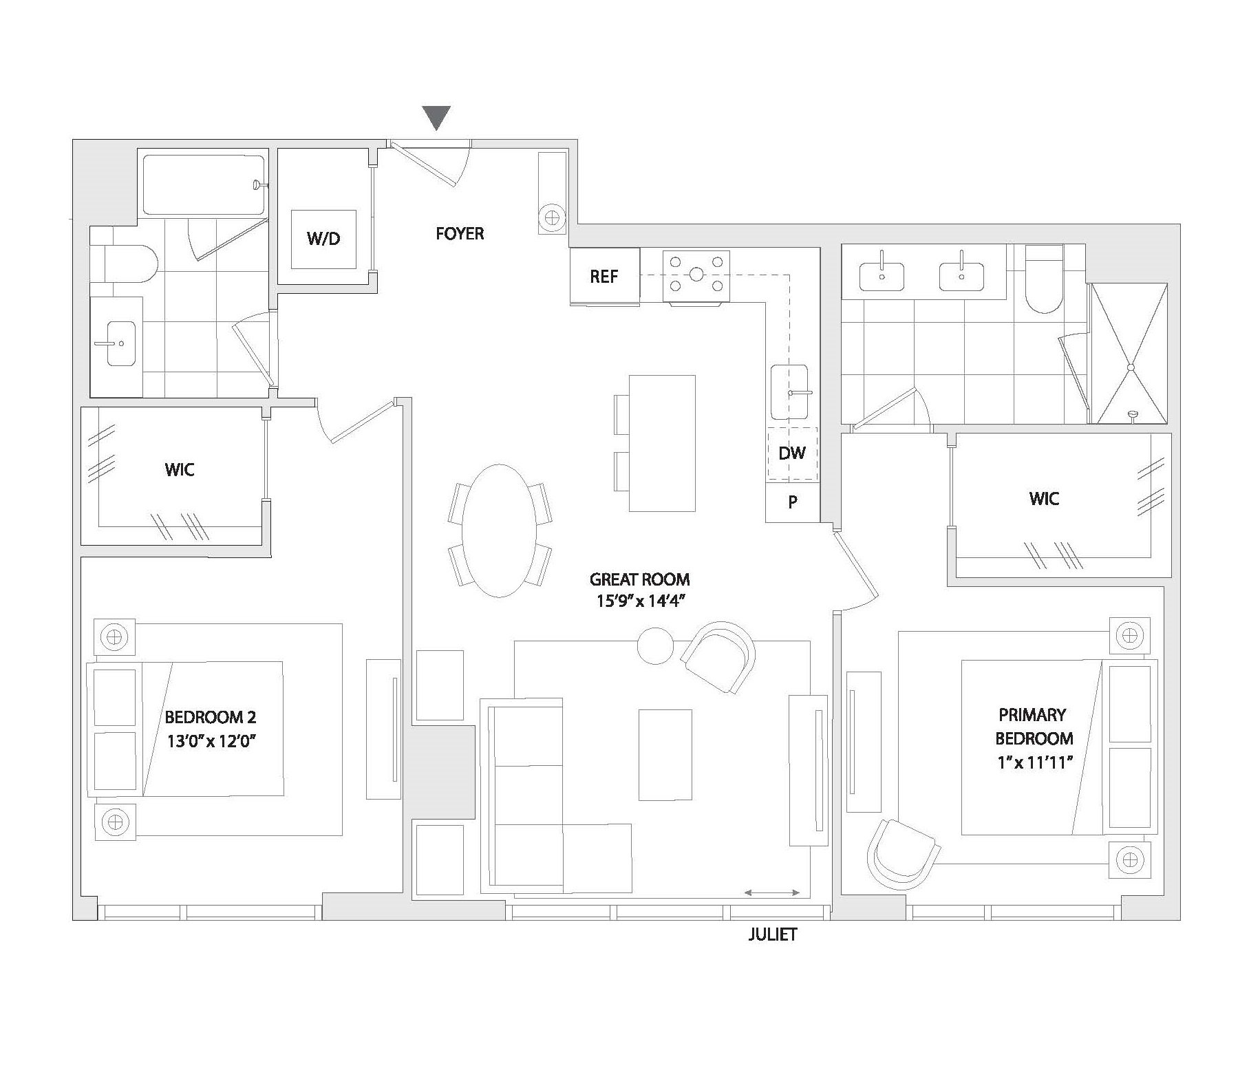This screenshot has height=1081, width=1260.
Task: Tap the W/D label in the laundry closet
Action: (323, 239)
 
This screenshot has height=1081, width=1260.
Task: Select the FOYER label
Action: (460, 233)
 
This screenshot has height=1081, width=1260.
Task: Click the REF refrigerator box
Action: (605, 276)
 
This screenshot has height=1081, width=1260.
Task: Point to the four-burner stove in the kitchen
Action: (696, 276)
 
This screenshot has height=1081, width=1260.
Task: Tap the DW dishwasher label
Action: (792, 453)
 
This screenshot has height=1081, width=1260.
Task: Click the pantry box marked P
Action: (793, 502)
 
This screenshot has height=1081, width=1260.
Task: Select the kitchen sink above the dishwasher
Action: (791, 392)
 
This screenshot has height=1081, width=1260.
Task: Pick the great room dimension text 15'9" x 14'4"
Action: (639, 601)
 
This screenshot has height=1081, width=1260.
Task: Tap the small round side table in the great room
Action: (656, 645)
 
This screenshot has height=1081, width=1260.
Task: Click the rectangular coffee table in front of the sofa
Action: (665, 755)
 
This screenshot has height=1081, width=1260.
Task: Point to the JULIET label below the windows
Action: (772, 934)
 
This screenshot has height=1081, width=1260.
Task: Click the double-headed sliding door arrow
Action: (772, 893)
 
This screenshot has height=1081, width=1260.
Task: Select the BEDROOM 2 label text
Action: (211, 717)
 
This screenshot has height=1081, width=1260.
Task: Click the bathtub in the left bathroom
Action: (204, 185)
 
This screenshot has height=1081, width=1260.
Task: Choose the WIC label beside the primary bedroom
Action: (1044, 498)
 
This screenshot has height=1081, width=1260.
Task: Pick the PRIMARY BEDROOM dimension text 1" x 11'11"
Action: (1034, 762)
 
